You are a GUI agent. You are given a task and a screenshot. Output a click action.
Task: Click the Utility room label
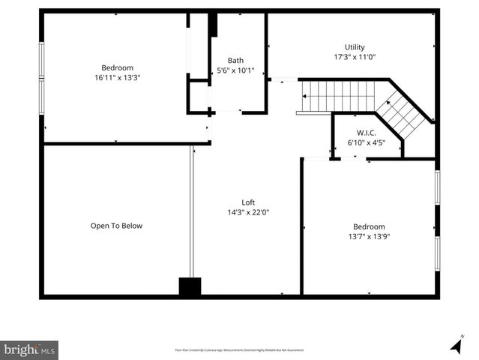click(x=355, y=46)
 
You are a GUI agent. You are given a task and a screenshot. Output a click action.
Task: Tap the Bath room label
click(x=236, y=61)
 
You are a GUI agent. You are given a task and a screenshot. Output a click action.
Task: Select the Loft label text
click(x=248, y=202)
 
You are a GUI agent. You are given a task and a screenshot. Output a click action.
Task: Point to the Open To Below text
click(x=116, y=226)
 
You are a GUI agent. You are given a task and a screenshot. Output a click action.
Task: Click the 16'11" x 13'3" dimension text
click(x=117, y=76)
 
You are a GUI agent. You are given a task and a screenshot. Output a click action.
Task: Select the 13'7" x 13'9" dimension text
click(x=369, y=237)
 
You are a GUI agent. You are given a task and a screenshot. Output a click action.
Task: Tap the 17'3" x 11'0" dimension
click(x=355, y=57)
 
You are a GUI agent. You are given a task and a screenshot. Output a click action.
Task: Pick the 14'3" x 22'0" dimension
click(x=248, y=212)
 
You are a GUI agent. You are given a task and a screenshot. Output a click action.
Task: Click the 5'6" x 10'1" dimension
click(x=236, y=71)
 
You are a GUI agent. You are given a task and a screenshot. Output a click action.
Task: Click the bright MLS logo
click(x=29, y=349)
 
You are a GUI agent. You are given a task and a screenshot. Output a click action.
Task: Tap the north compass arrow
click(x=456, y=344)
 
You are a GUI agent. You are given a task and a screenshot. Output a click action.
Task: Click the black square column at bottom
click(x=190, y=286)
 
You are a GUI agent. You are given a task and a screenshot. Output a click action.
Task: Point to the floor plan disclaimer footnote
click(x=239, y=349)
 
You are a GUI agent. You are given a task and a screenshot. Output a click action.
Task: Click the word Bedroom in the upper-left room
click(x=117, y=67)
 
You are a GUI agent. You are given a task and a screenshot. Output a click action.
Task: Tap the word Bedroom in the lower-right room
click(x=369, y=226)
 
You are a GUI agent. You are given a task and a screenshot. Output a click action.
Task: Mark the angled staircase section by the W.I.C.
click(x=402, y=113)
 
